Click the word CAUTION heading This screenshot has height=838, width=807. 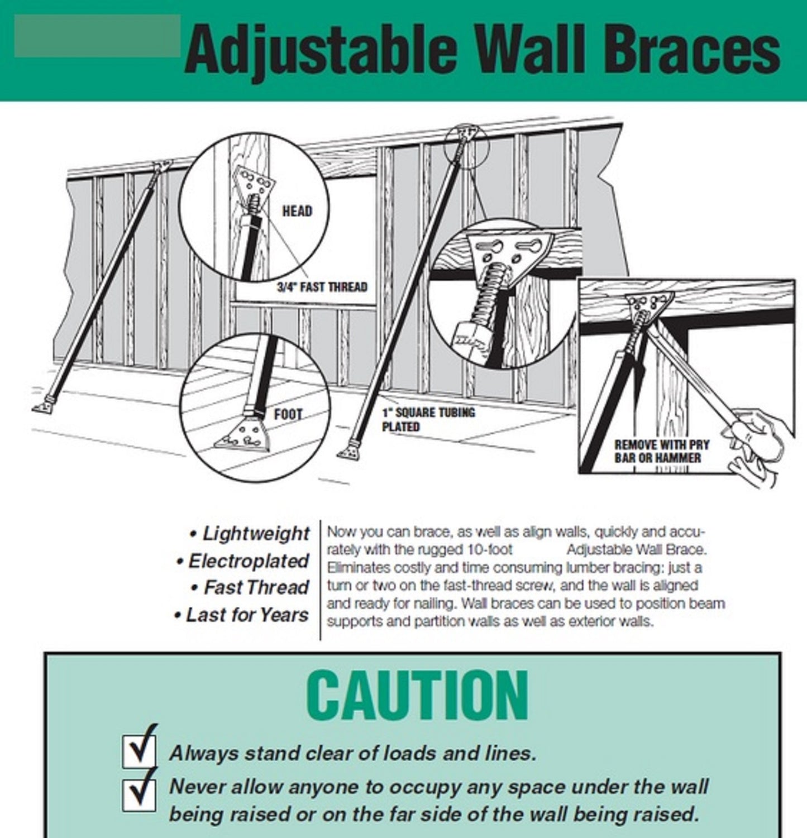point(417,695)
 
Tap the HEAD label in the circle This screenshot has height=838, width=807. point(297,211)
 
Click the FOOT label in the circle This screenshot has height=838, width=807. point(288,415)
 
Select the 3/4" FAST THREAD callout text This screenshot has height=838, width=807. point(322,287)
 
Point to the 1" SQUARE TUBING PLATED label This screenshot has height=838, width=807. point(428,419)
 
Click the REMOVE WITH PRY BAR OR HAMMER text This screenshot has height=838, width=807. point(662,451)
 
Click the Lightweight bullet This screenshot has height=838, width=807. point(249,534)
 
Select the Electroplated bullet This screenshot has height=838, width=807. point(242,561)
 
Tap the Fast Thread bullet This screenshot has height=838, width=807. point(249,587)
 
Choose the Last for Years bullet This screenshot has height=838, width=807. point(241,615)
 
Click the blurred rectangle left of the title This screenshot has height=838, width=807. point(97,36)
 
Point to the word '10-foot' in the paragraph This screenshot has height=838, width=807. point(490,550)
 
